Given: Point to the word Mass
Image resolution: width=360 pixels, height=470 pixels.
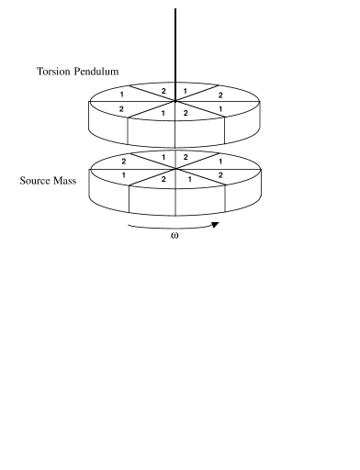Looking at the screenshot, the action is point(75,180).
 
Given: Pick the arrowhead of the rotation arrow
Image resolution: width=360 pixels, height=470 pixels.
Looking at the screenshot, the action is point(216,223).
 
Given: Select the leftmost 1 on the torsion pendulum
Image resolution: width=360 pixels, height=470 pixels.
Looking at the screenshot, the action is point(122,95).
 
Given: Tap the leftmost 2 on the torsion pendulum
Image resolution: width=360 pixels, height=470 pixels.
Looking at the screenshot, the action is point(120,109).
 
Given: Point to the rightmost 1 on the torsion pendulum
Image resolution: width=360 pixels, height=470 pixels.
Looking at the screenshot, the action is point(221,109).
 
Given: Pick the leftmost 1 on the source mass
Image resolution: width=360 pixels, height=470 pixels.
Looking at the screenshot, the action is point(123,174).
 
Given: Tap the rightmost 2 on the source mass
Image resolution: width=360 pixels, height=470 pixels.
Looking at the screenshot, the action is point(220,174).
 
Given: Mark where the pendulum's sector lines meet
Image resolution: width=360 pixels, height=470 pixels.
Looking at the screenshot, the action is point(175,102).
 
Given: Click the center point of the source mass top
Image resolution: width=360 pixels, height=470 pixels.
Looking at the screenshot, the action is point(175,168).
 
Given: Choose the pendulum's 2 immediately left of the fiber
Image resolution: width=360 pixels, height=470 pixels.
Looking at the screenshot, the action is point(164,91).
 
